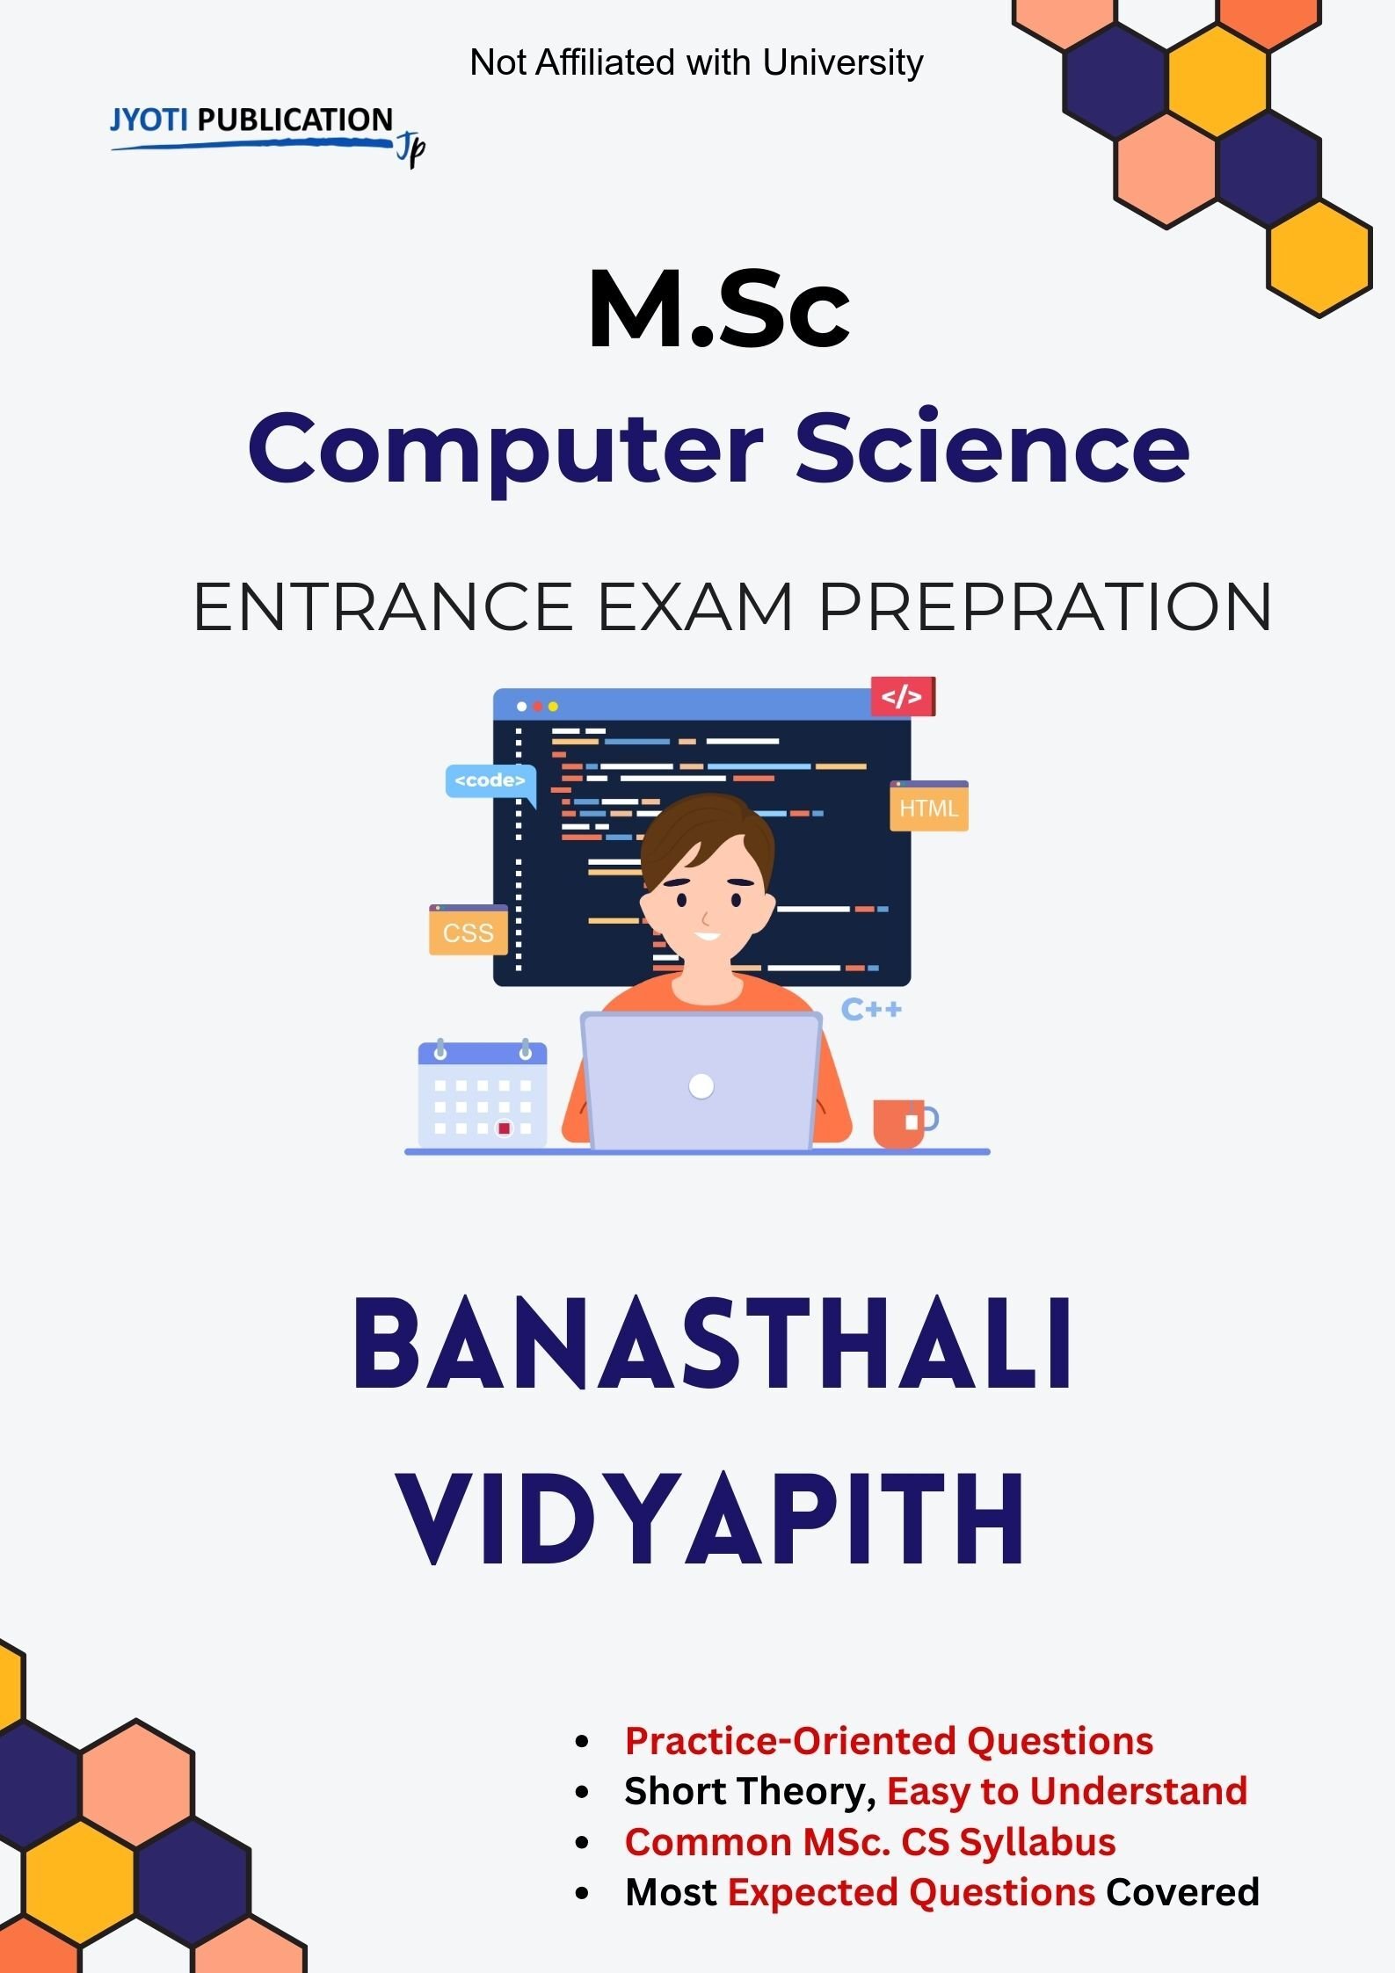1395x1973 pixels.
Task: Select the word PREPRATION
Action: pyautogui.click(x=1044, y=606)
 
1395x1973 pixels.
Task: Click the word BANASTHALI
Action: pyautogui.click(x=712, y=1345)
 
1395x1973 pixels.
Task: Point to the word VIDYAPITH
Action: pyautogui.click(x=712, y=1519)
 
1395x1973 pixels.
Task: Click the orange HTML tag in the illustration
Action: pyautogui.click(x=928, y=807)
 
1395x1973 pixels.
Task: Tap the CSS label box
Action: pyautogui.click(x=468, y=931)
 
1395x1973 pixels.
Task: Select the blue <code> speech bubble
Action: pyautogui.click(x=490, y=780)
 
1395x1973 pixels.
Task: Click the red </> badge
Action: pyautogui.click(x=902, y=697)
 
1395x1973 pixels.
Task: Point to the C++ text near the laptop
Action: pyautogui.click(x=871, y=1009)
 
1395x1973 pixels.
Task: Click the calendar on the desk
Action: pyautogui.click(x=482, y=1093)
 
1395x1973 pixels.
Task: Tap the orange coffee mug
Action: pyautogui.click(x=900, y=1122)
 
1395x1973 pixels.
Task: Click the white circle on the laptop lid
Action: pyautogui.click(x=701, y=1086)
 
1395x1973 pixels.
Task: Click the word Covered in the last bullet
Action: pyautogui.click(x=1182, y=1892)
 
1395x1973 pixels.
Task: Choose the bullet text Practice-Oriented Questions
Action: pyautogui.click(x=889, y=1741)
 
